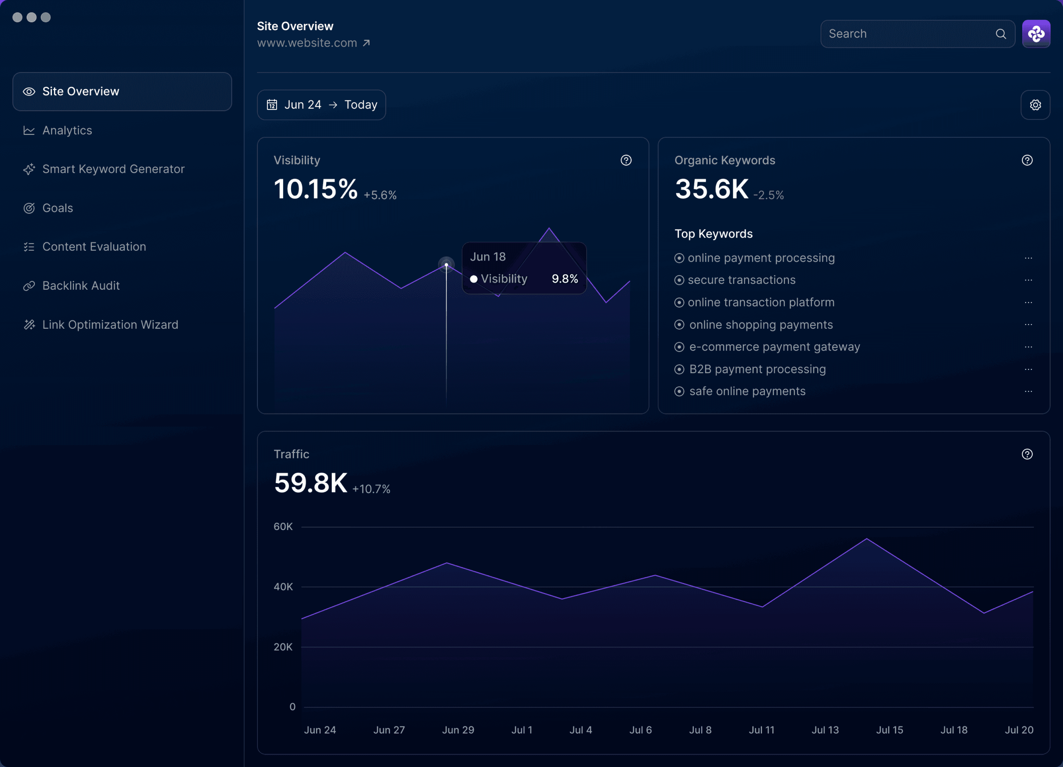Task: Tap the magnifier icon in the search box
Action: (x=1001, y=34)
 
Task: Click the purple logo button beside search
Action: (x=1036, y=34)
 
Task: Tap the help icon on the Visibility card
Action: (x=626, y=160)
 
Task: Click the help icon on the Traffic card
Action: (x=1027, y=454)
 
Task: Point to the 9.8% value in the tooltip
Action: (x=565, y=279)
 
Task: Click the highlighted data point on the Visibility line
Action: (x=446, y=265)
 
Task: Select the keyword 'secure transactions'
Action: (x=741, y=280)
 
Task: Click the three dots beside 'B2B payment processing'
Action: (x=1028, y=369)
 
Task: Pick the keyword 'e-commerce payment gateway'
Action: (x=775, y=347)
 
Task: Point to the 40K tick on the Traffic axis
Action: (x=283, y=587)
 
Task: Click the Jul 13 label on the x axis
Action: (x=825, y=730)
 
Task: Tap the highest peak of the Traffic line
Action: (x=867, y=539)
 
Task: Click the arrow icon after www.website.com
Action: (x=366, y=43)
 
